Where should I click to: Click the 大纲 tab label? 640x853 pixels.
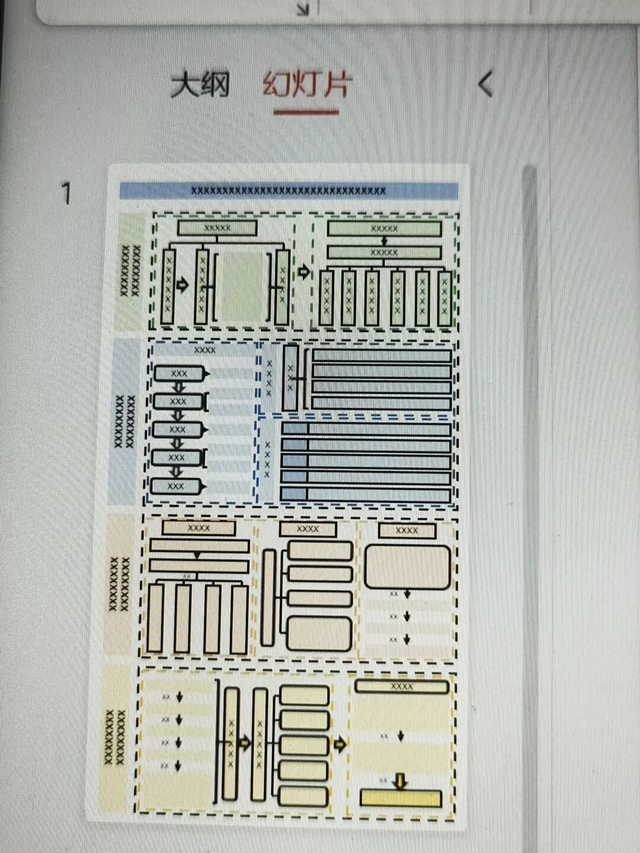pos(200,85)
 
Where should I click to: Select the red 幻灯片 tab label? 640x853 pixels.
pos(307,84)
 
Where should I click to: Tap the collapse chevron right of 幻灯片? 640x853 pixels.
pos(485,84)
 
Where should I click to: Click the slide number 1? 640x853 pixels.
pos(66,194)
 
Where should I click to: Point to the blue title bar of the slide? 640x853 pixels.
pos(289,191)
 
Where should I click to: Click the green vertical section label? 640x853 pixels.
pos(131,271)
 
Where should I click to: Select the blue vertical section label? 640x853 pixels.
pos(124,421)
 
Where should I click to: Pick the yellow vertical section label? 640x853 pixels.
pos(115,737)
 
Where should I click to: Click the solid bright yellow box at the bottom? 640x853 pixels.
pos(401,798)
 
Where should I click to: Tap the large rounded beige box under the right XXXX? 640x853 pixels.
pos(407,567)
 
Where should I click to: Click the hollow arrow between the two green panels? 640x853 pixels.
pos(303,272)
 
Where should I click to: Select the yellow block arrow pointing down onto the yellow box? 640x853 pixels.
pos(401,781)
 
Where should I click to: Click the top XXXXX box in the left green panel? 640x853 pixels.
pos(217,227)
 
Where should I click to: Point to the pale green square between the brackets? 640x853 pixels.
pos(242,287)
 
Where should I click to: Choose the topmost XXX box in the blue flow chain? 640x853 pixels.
pos(178,374)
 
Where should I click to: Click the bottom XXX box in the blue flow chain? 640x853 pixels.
pos(175,486)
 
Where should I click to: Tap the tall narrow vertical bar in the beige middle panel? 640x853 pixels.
pos(268,597)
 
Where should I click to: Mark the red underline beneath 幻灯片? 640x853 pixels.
pos(306,111)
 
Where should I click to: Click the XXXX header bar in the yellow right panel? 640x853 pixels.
pos(401,687)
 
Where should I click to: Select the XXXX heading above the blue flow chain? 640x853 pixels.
pos(204,350)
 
